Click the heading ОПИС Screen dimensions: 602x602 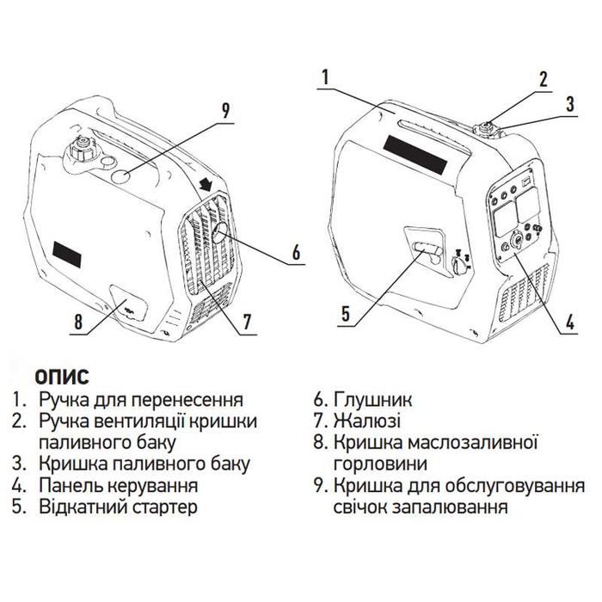pyautogui.click(x=61, y=378)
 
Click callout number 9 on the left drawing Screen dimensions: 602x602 pyautogui.click(x=225, y=110)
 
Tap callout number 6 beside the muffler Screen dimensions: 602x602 pyautogui.click(x=296, y=253)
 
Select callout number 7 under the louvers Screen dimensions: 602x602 pyautogui.click(x=247, y=322)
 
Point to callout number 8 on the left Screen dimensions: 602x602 pyautogui.click(x=78, y=322)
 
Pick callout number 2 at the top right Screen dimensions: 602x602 pyautogui.click(x=544, y=81)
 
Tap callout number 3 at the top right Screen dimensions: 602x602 pyautogui.click(x=569, y=106)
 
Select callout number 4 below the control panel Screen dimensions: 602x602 pyautogui.click(x=569, y=326)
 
